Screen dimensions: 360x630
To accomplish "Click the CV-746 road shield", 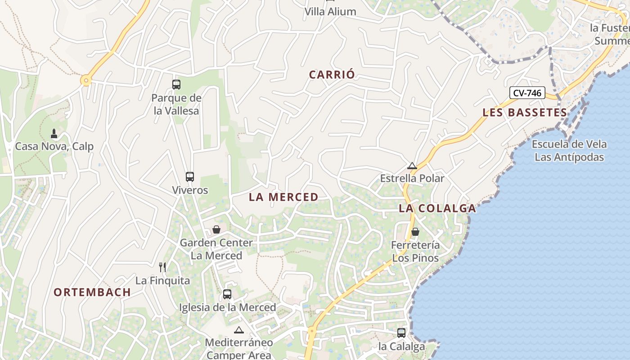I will pyautogui.click(x=527, y=93).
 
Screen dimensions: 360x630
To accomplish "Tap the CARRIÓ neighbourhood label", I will pyautogui.click(x=332, y=75).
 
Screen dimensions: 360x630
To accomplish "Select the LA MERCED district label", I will pyautogui.click(x=283, y=197).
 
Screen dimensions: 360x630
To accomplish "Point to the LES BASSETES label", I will pyautogui.click(x=525, y=112).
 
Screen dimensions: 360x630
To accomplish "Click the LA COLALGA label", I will pyautogui.click(x=437, y=208).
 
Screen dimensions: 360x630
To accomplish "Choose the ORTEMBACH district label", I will pyautogui.click(x=92, y=292).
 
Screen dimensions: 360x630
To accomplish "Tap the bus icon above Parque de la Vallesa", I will pyautogui.click(x=176, y=84).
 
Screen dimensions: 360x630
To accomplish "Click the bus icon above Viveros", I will pyautogui.click(x=190, y=176).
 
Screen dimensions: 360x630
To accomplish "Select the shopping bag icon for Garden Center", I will pyautogui.click(x=216, y=229).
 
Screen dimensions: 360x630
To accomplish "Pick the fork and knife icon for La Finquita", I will pyautogui.click(x=162, y=267).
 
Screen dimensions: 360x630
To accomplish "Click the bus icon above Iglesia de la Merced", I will pyautogui.click(x=227, y=294).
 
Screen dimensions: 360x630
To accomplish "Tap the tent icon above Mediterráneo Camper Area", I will pyautogui.click(x=238, y=330).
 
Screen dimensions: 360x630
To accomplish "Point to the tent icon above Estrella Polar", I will pyautogui.click(x=412, y=166).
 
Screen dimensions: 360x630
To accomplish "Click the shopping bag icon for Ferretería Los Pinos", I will pyautogui.click(x=415, y=232).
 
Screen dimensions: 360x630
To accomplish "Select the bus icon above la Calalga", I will pyautogui.click(x=401, y=333).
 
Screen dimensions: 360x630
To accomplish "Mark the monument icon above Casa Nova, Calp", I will pyautogui.click(x=54, y=133).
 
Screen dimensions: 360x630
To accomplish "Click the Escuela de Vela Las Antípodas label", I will pyautogui.click(x=569, y=151).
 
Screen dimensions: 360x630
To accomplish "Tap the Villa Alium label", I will pyautogui.click(x=330, y=12).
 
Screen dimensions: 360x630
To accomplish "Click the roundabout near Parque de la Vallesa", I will pyautogui.click(x=86, y=81).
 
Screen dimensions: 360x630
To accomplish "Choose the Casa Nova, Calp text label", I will pyautogui.click(x=54, y=146).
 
